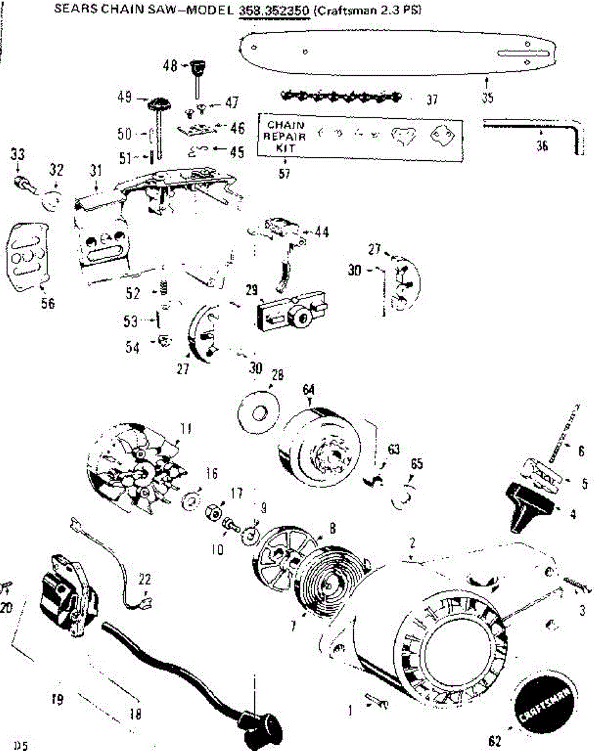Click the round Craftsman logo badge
click(x=544, y=703)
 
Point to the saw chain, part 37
click(x=341, y=97)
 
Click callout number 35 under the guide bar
click(x=489, y=98)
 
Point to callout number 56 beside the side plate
click(x=48, y=304)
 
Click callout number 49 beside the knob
click(x=123, y=98)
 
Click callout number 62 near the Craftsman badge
click(x=495, y=742)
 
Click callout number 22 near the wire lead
click(x=145, y=579)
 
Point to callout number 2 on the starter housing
click(x=412, y=542)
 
